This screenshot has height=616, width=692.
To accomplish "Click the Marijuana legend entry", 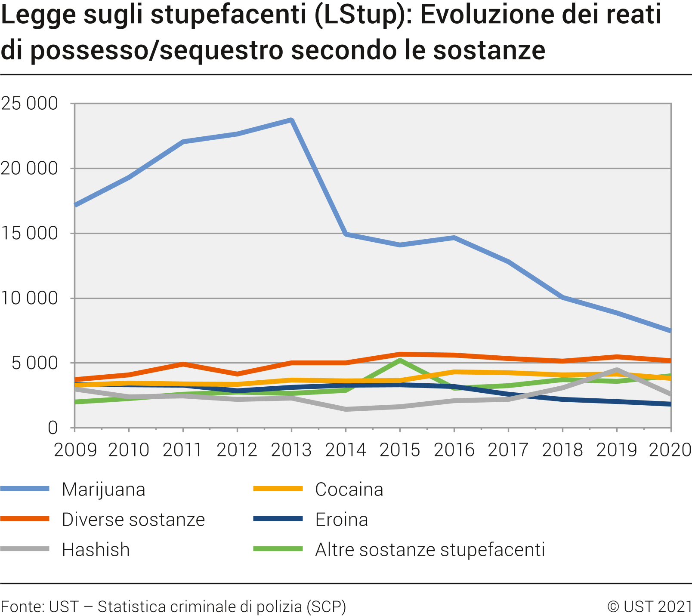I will click(x=103, y=490).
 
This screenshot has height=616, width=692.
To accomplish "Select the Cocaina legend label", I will click(x=349, y=490).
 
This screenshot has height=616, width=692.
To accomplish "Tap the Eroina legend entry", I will click(x=341, y=520).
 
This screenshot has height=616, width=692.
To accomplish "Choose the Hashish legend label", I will click(x=96, y=550).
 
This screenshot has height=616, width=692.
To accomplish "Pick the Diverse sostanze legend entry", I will click(x=133, y=520).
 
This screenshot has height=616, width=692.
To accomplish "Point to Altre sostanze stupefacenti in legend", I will click(x=429, y=550).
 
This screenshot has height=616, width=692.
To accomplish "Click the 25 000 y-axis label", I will click(x=29, y=104).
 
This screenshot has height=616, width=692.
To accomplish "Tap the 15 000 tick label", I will click(x=29, y=234).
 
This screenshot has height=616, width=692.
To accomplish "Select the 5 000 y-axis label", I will click(x=34, y=363).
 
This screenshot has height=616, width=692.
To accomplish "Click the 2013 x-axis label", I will click(x=291, y=450).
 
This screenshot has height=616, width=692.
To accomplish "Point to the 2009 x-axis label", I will click(x=75, y=450).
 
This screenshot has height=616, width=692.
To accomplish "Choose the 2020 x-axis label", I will click(x=669, y=450).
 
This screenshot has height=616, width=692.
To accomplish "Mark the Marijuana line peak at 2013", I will click(x=292, y=120).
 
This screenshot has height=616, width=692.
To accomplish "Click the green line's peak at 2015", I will click(x=400, y=360).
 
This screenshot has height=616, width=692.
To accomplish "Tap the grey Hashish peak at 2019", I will click(x=617, y=370).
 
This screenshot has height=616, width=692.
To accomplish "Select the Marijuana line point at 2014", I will click(x=346, y=234).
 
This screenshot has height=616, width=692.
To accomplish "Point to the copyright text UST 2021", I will click(x=649, y=607).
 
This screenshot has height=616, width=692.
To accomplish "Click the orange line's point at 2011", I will click(x=183, y=364).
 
